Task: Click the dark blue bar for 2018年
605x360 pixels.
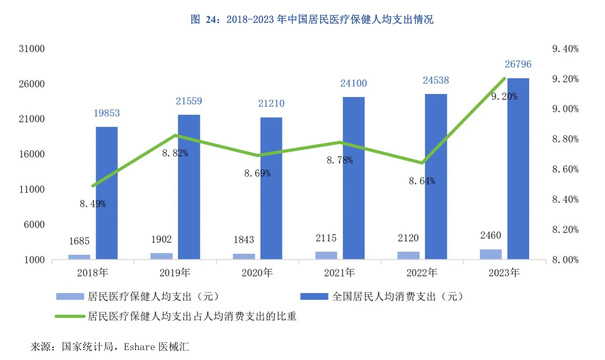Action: [x=107, y=193]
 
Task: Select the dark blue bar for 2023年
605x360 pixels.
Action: [x=518, y=169]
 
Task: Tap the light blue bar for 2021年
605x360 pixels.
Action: [x=326, y=255]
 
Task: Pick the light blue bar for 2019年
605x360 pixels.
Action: [x=162, y=256]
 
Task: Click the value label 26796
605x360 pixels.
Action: [x=518, y=64]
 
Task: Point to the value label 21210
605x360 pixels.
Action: [x=271, y=104]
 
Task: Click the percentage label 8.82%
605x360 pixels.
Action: [x=175, y=153]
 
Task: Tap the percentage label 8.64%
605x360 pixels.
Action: [x=422, y=181]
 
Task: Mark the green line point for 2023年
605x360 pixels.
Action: [x=505, y=79]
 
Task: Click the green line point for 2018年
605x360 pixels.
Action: [x=93, y=186]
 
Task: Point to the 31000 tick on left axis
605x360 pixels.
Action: [x=32, y=49]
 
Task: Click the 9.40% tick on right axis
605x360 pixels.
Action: [x=565, y=49]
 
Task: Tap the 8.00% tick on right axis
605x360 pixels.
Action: [x=565, y=260]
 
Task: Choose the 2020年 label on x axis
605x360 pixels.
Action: [x=257, y=273]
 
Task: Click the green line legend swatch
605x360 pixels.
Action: [x=70, y=316]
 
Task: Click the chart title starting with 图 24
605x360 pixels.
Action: [x=312, y=19]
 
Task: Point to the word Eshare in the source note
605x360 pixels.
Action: [x=140, y=347]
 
